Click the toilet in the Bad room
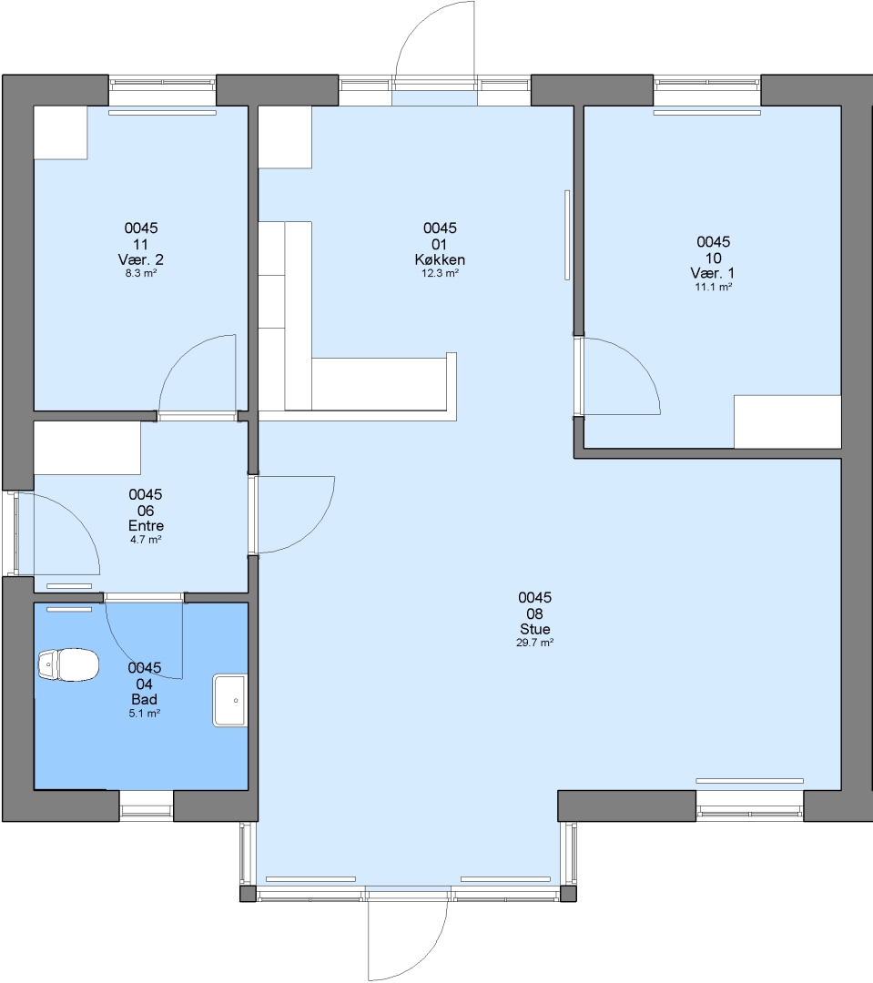pos(68,664)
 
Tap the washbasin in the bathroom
pos(230,700)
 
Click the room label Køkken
pos(440,259)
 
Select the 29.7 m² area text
pos(535,643)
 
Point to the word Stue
pos(535,630)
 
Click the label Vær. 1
pos(713,273)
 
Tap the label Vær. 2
pos(141,259)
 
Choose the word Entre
pos(147,526)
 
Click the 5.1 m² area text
pos(145,713)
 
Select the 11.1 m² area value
pos(714,287)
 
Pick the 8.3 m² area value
pos(141,273)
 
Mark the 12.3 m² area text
pos(440,273)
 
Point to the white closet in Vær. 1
pos(787,422)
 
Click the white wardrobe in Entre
pos(87,448)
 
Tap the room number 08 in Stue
pos(535,613)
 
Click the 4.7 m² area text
pos(147,540)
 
